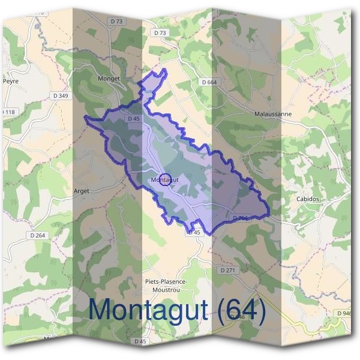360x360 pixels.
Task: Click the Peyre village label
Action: pos(11,80)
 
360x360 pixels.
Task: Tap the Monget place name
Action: pos(109,78)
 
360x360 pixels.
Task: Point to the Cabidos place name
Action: pos(308,199)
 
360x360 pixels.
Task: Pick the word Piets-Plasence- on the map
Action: pos(166,281)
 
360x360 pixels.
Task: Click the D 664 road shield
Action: pos(209,82)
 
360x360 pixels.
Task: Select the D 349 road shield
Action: pos(61,95)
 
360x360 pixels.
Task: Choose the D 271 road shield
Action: pos(227,271)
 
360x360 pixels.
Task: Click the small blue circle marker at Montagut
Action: pos(167,179)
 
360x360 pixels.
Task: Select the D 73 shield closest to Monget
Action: pos(118,38)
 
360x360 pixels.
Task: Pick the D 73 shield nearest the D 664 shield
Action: pos(160,32)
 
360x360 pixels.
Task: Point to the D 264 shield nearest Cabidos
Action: pos(239,218)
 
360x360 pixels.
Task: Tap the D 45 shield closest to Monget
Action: pos(133,119)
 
